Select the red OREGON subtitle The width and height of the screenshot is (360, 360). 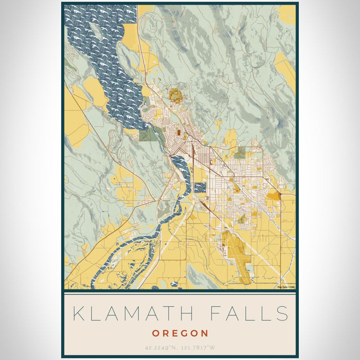tap(180, 333)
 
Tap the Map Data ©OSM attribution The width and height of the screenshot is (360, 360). tap(286, 286)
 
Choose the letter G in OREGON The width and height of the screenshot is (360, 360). tap(185, 333)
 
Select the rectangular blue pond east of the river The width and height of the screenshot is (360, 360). tap(200, 188)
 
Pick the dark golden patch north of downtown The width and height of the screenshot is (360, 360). tap(175, 95)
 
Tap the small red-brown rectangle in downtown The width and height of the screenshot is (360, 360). tap(178, 133)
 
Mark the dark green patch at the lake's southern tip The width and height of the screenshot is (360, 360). tap(149, 134)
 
